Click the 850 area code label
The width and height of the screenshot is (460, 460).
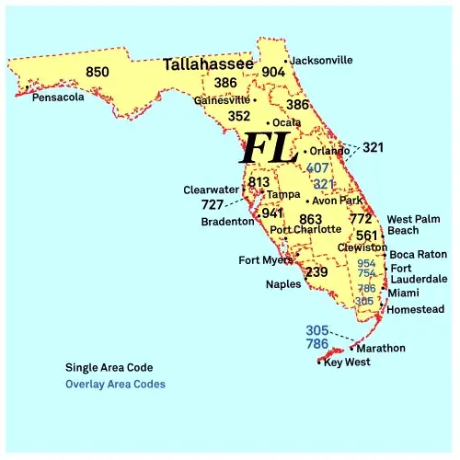(97, 72)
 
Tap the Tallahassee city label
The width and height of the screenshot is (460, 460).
(209, 65)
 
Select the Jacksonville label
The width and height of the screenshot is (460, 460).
(321, 61)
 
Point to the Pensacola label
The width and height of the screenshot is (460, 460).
(58, 97)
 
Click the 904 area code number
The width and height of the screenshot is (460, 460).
(273, 72)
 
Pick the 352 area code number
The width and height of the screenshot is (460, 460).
(238, 116)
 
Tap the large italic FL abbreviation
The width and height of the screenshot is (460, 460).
(268, 148)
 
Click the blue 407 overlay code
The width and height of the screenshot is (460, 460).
(317, 168)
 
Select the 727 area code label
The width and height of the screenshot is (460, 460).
(213, 204)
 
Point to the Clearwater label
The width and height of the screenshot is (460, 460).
(211, 190)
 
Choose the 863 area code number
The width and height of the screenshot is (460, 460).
(311, 219)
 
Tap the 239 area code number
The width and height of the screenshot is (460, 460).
(316, 272)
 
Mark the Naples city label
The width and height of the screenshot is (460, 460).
(282, 284)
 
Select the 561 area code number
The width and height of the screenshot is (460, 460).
(367, 236)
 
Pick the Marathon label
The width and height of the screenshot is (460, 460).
(380, 348)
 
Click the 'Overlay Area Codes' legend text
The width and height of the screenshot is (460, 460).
(116, 384)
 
